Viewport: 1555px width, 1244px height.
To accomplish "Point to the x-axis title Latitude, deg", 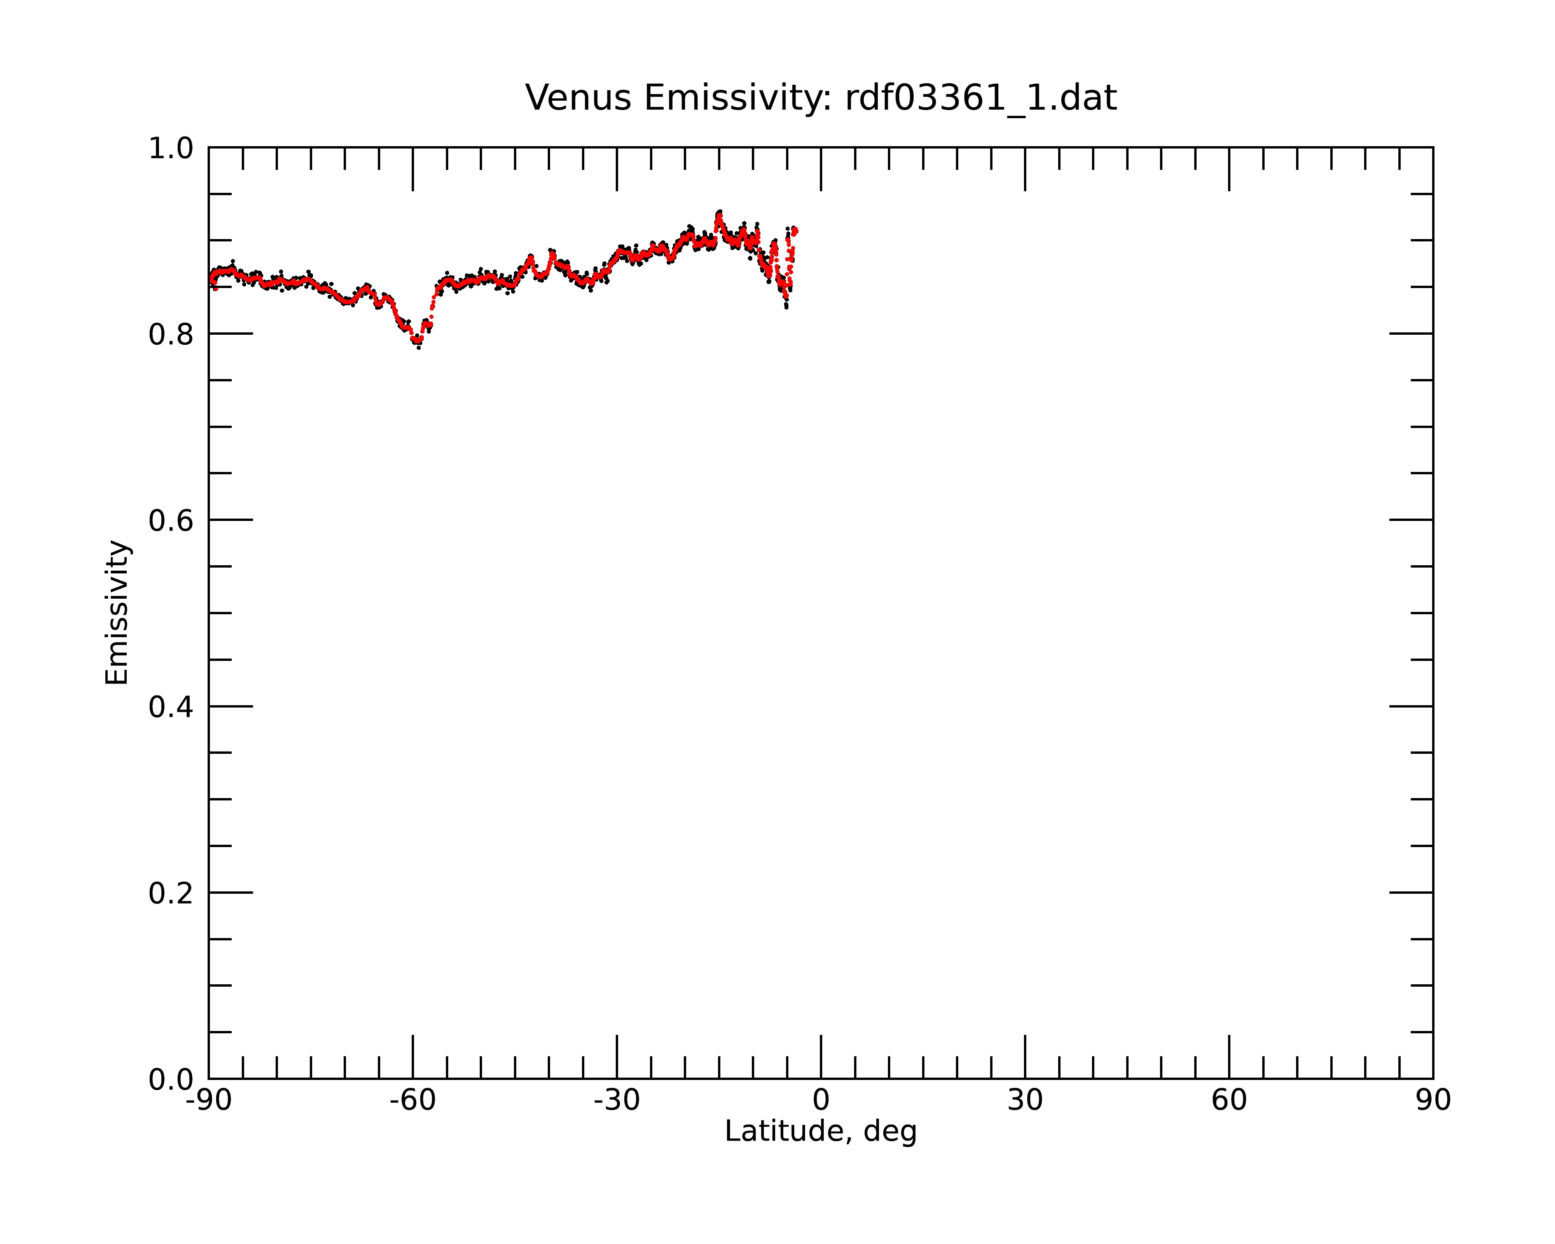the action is [x=821, y=1131].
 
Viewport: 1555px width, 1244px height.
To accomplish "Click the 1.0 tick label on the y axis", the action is [x=171, y=149].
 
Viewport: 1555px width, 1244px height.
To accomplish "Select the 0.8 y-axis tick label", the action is [x=171, y=335].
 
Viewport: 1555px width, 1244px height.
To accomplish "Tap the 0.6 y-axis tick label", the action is [x=171, y=521].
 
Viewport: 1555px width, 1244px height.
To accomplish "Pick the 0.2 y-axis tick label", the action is [x=171, y=893].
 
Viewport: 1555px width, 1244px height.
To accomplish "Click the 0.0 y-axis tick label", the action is [x=171, y=1080].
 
